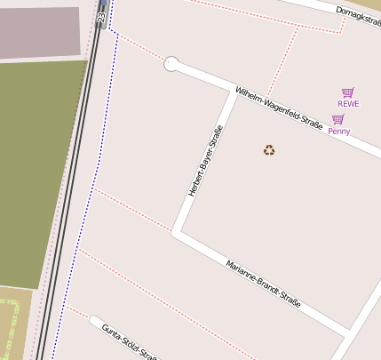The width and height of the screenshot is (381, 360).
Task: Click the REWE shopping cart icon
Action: pyautogui.click(x=348, y=92)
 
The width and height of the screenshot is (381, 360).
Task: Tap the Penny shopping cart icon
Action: pyautogui.click(x=338, y=119)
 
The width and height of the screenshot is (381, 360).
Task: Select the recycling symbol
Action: pyautogui.click(x=269, y=150)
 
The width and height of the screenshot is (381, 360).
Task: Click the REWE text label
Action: pyautogui.click(x=348, y=104)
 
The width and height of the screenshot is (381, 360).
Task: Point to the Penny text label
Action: pyautogui.click(x=338, y=132)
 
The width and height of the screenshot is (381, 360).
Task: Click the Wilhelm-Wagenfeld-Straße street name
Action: pyautogui.click(x=278, y=108)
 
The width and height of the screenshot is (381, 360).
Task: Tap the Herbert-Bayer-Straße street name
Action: pyautogui.click(x=205, y=160)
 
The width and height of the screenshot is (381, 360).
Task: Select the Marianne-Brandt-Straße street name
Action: pyautogui.click(x=263, y=284)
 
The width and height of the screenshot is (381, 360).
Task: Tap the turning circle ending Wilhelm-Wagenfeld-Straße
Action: pyautogui.click(x=172, y=64)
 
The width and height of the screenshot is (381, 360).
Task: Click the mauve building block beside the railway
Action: pyautogui.click(x=40, y=32)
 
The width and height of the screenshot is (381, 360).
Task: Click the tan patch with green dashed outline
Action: pyautogui.click(x=12, y=324)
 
